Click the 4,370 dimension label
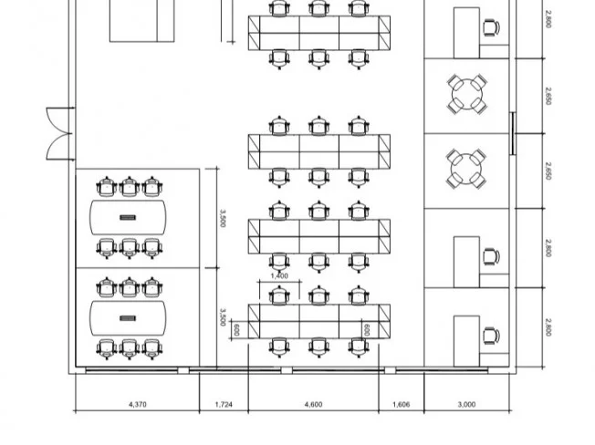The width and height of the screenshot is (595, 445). [138, 405]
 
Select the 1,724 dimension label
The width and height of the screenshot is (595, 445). [224, 405]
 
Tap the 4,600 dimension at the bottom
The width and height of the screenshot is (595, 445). [313, 405]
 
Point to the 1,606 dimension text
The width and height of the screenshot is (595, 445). [402, 405]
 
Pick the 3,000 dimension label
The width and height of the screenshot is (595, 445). [466, 405]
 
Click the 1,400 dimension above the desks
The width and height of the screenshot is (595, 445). [279, 276]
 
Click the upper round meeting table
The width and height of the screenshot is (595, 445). [467, 94]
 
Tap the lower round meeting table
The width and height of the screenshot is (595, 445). [466, 169]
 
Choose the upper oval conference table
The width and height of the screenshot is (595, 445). [128, 218]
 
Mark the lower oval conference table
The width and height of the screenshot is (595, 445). [128, 318]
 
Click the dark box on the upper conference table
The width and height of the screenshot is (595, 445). [128, 218]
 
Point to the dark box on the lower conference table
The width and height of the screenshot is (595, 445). [128, 318]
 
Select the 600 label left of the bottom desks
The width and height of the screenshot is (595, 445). [236, 330]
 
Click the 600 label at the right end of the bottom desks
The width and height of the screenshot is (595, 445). [367, 330]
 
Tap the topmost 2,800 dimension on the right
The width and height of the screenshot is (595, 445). [548, 19]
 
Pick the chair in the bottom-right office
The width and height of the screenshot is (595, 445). [491, 336]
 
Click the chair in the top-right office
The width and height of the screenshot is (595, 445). [491, 27]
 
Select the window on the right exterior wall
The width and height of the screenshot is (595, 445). [512, 133]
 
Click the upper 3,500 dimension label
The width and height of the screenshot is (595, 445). [223, 218]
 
